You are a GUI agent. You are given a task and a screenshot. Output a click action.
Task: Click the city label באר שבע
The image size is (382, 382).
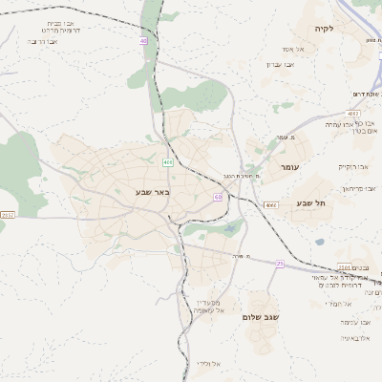(x=151, y=192)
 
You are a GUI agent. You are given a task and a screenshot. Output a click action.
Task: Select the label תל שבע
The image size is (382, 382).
(x=311, y=202)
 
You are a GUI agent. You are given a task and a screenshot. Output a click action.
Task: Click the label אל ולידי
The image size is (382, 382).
(x=209, y=364)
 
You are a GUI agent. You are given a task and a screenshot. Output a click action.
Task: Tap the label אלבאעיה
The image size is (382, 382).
(x=354, y=338)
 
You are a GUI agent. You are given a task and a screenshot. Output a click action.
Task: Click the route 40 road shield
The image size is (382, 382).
(x=143, y=41)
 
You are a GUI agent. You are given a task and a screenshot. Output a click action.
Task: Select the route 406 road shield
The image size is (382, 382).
(x=168, y=163)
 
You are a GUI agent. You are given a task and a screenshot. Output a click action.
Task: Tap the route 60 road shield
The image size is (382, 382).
(x=219, y=198)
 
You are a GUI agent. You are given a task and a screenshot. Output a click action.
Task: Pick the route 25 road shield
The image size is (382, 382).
(x=280, y=264)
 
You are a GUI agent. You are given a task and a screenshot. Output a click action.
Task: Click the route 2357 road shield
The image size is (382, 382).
(x=8, y=216)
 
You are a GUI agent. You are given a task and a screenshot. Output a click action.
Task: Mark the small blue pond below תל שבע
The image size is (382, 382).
(x=319, y=242)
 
